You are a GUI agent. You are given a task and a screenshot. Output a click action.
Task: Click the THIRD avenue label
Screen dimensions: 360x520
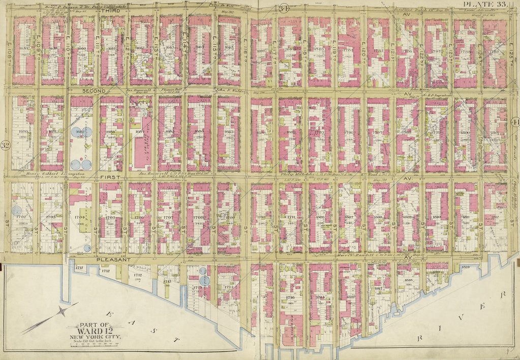pyautogui.click(x=110, y=11)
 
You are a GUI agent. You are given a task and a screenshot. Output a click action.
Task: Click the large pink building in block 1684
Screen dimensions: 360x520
pyautogui.click(x=140, y=147)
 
